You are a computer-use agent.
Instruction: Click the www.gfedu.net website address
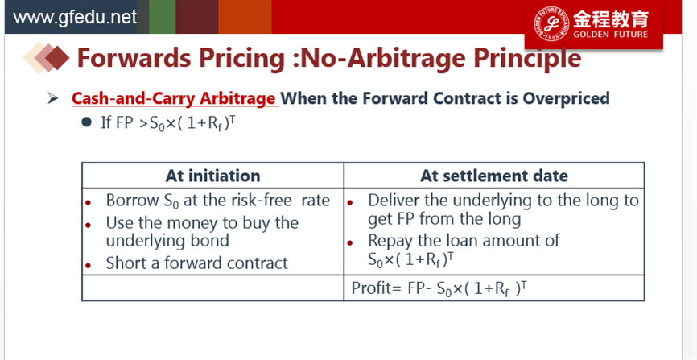coord(75,18)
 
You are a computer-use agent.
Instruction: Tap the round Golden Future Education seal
coord(551,23)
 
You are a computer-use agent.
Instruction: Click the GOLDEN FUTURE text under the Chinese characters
coord(610,35)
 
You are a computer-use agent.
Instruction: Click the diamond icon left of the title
coord(46,58)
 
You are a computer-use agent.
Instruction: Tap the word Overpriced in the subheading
coord(566,98)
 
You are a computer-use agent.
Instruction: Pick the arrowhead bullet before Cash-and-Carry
coord(53,98)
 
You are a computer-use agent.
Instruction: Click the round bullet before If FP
coord(87,122)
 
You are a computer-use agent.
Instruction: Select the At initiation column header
coord(212,176)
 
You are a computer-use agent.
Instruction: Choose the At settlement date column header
coord(494,176)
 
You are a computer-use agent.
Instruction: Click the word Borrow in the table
coord(131,201)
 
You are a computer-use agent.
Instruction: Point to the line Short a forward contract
coord(197,263)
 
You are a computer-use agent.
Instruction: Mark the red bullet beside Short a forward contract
coord(88,265)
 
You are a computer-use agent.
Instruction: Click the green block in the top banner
coord(163,17)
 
